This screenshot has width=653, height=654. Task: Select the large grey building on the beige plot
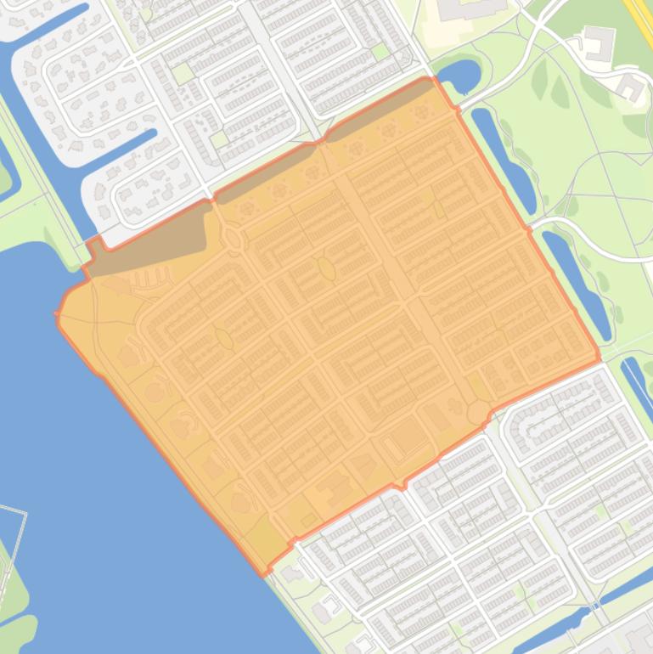coord(467,10)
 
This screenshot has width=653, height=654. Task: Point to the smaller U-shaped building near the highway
coord(631,87)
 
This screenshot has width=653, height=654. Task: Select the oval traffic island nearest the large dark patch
coord(233,237)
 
